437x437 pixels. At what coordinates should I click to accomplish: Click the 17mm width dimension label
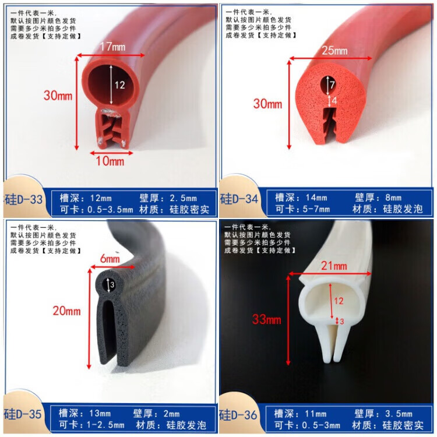112,47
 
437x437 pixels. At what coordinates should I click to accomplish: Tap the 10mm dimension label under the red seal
110,161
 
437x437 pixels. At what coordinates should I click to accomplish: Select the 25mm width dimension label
334,51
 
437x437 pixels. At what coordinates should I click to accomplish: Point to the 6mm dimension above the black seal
110,259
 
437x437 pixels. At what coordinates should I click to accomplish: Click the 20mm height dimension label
66,311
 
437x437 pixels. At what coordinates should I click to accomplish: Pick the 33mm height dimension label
266,319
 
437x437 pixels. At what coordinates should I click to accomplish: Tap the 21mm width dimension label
334,266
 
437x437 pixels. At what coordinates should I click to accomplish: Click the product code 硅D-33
23,199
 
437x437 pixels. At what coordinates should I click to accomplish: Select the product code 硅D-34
239,199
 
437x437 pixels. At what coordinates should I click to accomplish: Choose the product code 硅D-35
23,414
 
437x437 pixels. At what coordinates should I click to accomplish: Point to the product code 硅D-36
238,415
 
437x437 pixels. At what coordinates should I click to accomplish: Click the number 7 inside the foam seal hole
332,84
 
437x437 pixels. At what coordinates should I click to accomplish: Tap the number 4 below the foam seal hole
334,100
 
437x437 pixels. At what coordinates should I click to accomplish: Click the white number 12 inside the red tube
119,84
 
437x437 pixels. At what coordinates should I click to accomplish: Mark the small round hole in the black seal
109,284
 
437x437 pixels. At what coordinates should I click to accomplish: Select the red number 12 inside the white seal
339,301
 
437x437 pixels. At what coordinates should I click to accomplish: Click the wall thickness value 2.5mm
183,198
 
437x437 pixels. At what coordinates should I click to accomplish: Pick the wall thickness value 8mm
393,198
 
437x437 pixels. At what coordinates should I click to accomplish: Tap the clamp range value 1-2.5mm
105,425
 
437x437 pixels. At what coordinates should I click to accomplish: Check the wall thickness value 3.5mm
399,414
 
